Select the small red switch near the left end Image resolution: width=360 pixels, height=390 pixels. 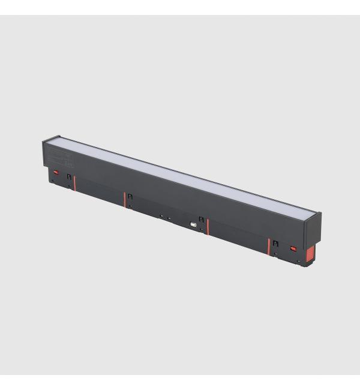pos(56,172)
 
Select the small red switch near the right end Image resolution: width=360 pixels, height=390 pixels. pos(294,248)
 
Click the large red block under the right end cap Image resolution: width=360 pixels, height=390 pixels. pos(310,254)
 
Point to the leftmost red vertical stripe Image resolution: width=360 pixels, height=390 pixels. pos(74,181)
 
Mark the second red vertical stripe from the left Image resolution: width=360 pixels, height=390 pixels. pos(125,200)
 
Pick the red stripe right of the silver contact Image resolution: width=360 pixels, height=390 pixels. pos(208,226)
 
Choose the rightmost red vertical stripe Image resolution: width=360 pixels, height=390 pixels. pos(268,246)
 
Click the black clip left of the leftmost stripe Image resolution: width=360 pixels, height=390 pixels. pos(69,177)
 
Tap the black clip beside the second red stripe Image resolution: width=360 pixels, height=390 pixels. pos(130,197)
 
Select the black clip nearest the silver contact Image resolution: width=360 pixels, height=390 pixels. pos(201,220)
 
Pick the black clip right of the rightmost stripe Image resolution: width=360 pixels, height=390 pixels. pos(275,244)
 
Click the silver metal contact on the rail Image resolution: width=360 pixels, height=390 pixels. pos(193,224)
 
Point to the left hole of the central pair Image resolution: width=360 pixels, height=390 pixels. pos(161,216)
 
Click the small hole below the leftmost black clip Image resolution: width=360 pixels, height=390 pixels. pos(70,187)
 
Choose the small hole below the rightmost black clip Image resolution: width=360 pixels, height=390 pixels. pos(275,253)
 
